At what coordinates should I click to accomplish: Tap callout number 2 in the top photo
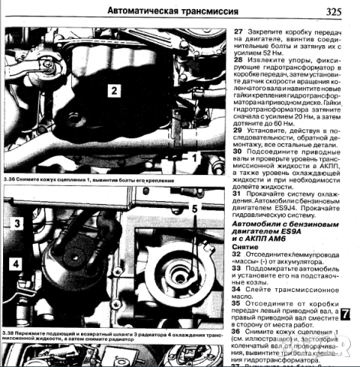click(x=112, y=91)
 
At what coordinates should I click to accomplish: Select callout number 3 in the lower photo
click(x=15, y=223)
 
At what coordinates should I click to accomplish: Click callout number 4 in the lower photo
click(x=15, y=265)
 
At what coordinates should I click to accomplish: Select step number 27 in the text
click(x=238, y=31)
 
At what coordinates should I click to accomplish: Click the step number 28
click(x=238, y=59)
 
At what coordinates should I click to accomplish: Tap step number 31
click(x=238, y=194)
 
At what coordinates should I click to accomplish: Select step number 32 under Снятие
click(x=238, y=258)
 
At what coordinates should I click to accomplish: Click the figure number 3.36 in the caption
click(x=10, y=180)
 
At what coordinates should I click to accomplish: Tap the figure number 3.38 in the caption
click(x=11, y=336)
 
